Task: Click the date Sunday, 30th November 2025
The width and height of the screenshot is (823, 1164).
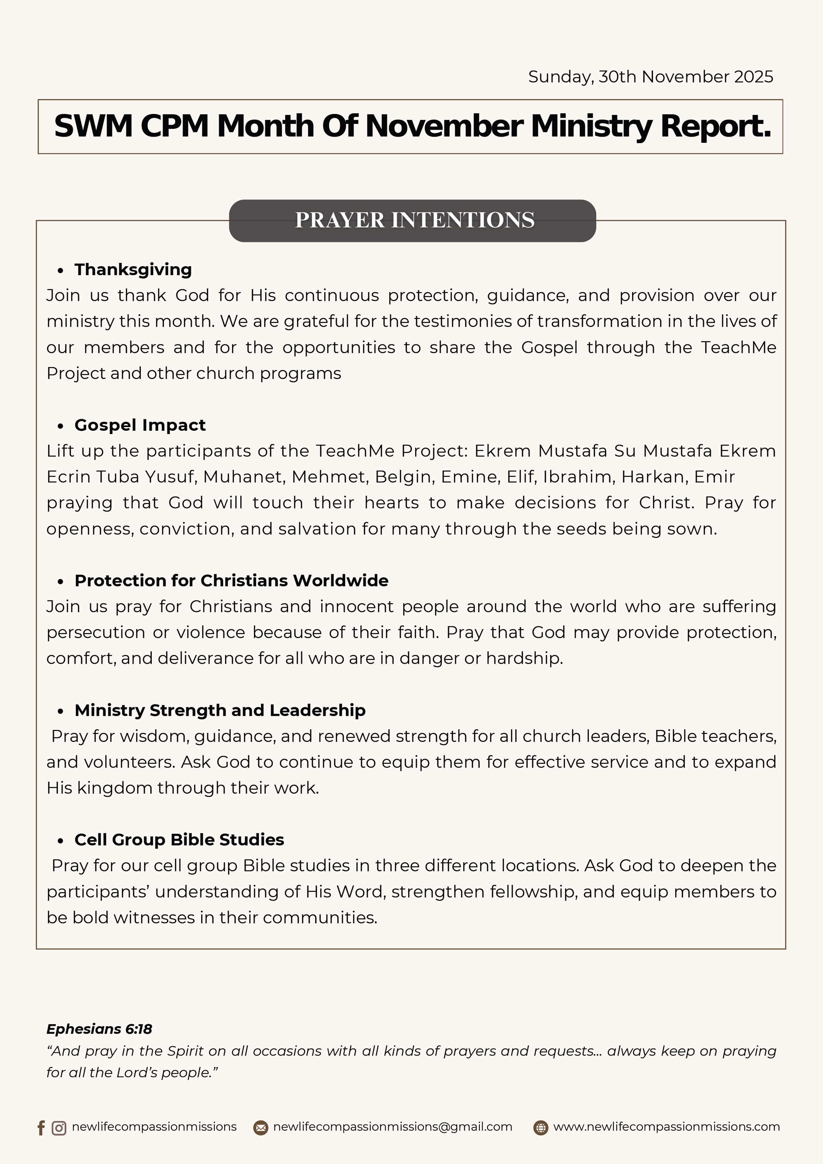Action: pos(650,77)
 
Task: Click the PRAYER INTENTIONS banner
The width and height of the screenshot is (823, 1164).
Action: pos(412,221)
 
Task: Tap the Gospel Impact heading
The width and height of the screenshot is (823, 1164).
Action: pos(140,425)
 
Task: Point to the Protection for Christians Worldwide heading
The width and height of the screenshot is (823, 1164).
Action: pos(231,581)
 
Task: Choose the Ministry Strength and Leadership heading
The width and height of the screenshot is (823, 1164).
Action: pos(220,710)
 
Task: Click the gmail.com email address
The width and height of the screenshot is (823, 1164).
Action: pos(393,1127)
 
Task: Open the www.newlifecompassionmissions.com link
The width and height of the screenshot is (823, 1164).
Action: pos(666,1127)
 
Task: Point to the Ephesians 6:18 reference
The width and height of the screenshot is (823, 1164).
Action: pos(99,1029)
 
